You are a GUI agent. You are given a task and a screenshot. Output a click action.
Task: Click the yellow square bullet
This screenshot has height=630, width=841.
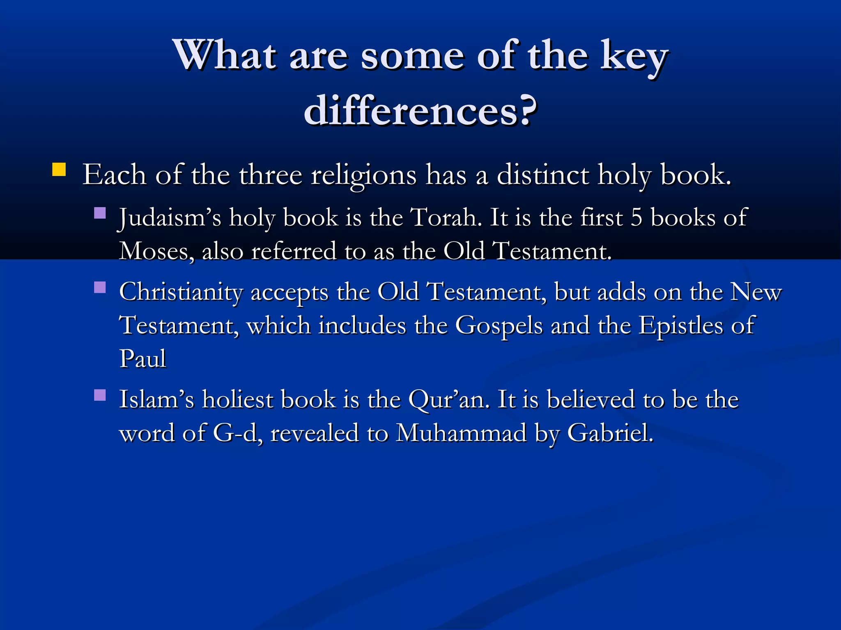pyautogui.click(x=59, y=169)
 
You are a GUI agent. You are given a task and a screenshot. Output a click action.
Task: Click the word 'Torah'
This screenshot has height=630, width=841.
pyautogui.click(x=446, y=217)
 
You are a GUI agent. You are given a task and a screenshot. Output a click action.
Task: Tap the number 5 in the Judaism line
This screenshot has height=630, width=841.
pyautogui.click(x=636, y=217)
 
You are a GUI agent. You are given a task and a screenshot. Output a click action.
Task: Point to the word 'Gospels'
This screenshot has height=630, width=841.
pyautogui.click(x=499, y=326)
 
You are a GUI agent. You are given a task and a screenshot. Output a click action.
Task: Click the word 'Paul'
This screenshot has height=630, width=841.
pyautogui.click(x=142, y=359)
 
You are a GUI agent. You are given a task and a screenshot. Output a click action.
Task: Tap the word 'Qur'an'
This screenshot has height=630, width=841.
pyautogui.click(x=449, y=400)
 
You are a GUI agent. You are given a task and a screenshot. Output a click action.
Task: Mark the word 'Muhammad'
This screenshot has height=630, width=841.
pyautogui.click(x=461, y=434)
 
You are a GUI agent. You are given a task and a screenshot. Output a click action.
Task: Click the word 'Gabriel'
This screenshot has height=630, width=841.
pyautogui.click(x=609, y=434)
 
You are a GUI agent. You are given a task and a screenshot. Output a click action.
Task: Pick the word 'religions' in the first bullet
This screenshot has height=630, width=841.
pyautogui.click(x=364, y=176)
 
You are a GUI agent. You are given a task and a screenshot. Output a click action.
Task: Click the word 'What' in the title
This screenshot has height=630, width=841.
pyautogui.click(x=225, y=55)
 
